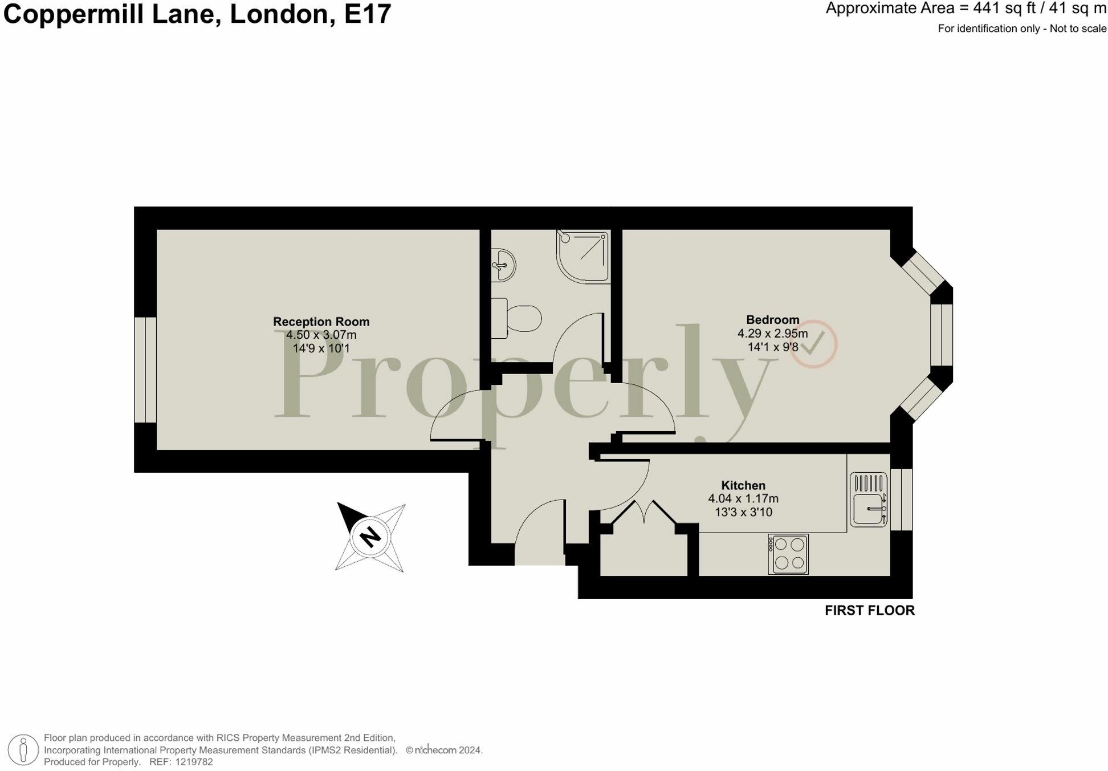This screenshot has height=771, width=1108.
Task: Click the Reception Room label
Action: (321, 322)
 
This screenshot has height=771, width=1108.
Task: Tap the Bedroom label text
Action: (772, 320)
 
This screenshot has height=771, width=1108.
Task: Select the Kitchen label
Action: (743, 485)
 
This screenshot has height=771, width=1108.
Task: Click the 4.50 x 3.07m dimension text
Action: (321, 335)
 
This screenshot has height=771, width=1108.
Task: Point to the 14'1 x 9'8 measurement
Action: (772, 347)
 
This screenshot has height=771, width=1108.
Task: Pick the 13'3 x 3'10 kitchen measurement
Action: (743, 512)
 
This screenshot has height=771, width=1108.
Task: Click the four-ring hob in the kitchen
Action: (788, 554)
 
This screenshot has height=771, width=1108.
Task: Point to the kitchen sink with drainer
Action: (868, 499)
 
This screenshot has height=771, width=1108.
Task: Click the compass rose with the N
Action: (370, 537)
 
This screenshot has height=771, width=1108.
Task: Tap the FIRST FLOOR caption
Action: (869, 610)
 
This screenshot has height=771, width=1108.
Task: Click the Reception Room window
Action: (145, 370)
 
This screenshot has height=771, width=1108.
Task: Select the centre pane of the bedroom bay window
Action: (942, 335)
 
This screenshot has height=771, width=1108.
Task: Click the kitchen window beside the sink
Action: (901, 499)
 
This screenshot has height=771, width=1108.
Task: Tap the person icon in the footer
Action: (23, 749)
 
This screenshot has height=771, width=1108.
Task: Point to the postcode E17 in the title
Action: (368, 14)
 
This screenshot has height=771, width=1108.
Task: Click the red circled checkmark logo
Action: (813, 344)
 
